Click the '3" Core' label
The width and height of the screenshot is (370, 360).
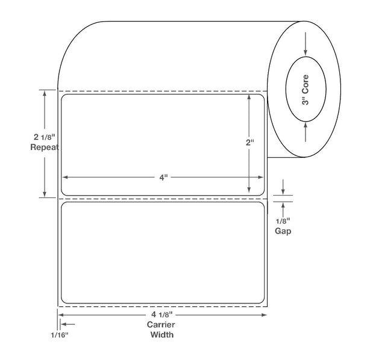point(306,90)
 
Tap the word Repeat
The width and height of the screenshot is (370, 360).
point(45,147)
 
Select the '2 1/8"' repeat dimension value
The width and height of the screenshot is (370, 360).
point(45,137)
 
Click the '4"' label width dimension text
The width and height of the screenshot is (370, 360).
point(163,177)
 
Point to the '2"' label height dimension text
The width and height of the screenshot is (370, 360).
point(250,143)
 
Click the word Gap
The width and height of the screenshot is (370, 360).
point(283,231)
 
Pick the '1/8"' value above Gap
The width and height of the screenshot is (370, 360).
point(283,221)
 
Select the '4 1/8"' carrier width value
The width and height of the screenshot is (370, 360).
point(162,314)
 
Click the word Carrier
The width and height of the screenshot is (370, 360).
point(161,324)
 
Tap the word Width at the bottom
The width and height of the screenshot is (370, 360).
point(162,335)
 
